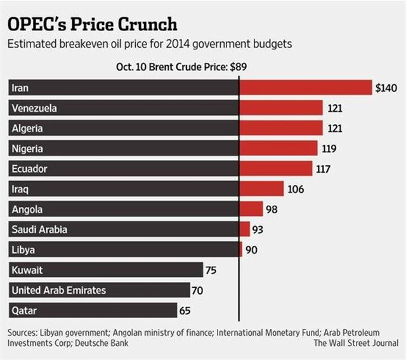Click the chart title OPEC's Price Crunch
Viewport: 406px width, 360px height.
coord(93,24)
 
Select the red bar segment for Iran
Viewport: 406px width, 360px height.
coord(305,88)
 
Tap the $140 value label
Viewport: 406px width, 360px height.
coord(386,88)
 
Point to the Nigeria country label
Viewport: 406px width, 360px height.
coord(29,149)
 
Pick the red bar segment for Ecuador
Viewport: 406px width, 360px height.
coord(276,169)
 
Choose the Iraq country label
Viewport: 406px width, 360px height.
coord(21,189)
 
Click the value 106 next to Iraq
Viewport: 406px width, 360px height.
coord(296,189)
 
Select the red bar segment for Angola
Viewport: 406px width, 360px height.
coord(251,210)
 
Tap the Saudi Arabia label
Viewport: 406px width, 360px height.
coord(39,230)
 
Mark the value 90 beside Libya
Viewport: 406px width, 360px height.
coord(251,250)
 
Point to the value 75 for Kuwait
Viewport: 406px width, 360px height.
coord(211,270)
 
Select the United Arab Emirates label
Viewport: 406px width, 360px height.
coord(59,291)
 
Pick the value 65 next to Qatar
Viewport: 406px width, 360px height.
coord(185,311)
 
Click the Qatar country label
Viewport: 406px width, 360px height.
coord(23,311)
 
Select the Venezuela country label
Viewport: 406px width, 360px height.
coord(34,108)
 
